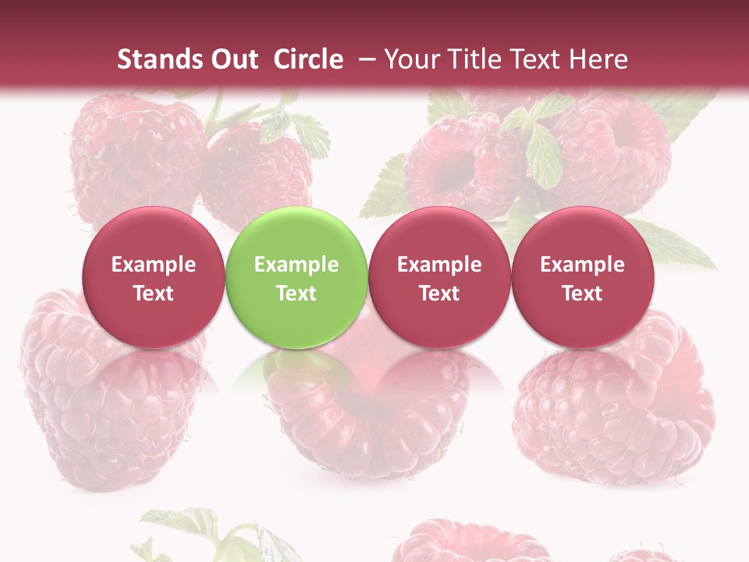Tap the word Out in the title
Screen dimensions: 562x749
233,59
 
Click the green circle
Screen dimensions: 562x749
296,277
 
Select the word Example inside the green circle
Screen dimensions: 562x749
296,265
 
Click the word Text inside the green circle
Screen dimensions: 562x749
296,293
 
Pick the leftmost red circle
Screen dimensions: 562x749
153,277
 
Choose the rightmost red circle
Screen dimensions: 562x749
582,277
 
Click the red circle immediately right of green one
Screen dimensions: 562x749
439,277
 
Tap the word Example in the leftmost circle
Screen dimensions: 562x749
153,265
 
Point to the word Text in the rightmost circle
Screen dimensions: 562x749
582,293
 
